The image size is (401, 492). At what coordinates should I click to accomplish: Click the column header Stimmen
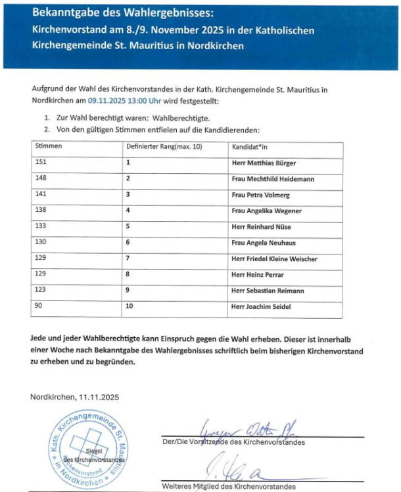[45, 146]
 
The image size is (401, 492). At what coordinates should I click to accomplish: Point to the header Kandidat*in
[248, 146]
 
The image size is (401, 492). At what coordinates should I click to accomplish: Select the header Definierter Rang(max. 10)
[164, 146]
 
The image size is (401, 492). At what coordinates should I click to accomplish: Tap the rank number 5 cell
[128, 226]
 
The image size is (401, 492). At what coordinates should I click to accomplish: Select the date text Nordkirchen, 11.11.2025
[74, 397]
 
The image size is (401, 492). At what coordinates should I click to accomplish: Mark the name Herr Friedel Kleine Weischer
[274, 259]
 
